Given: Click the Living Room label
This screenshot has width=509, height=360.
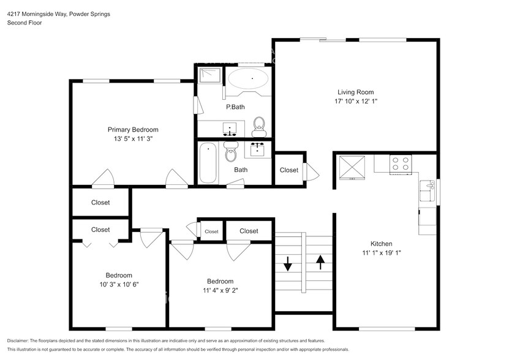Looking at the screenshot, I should tap(355, 92).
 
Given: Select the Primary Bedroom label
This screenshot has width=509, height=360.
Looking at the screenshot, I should tap(133, 129).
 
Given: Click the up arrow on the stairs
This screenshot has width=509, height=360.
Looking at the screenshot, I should tap(319, 262).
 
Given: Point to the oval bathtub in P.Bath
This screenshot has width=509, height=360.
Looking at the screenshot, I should tap(248, 80).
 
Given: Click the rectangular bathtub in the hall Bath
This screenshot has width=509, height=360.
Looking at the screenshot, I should tap(208, 162).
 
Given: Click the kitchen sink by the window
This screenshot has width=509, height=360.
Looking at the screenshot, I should tap(426, 190).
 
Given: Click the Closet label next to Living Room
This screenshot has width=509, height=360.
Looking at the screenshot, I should tap(289, 170).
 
